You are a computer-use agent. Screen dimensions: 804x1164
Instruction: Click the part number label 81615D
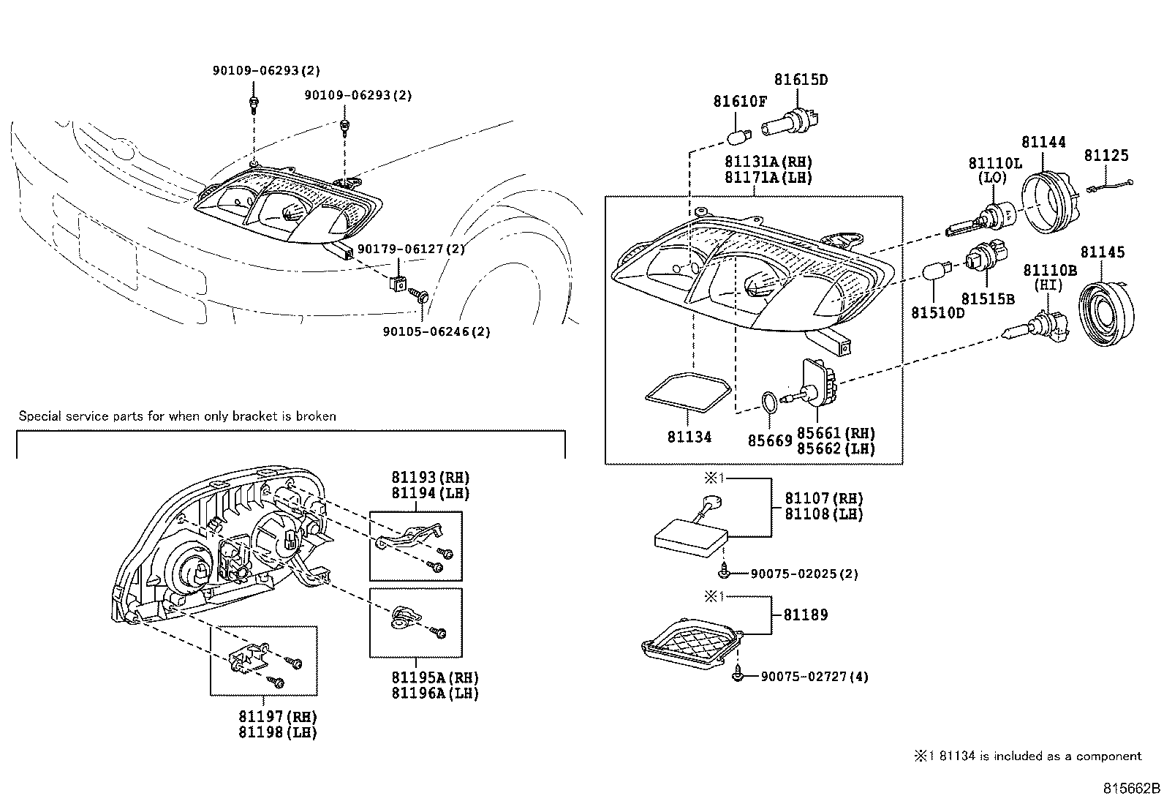click(x=801, y=80)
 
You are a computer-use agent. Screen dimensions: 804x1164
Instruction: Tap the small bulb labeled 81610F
click(x=738, y=138)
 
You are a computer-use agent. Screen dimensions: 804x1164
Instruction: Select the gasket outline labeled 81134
click(x=689, y=395)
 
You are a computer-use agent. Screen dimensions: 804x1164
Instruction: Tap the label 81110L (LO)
click(x=995, y=170)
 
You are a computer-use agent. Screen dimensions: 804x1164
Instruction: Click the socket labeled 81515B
click(x=976, y=261)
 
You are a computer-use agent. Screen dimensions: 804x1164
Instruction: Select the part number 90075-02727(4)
click(x=809, y=677)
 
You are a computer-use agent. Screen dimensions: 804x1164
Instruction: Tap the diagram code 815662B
click(x=1132, y=789)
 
